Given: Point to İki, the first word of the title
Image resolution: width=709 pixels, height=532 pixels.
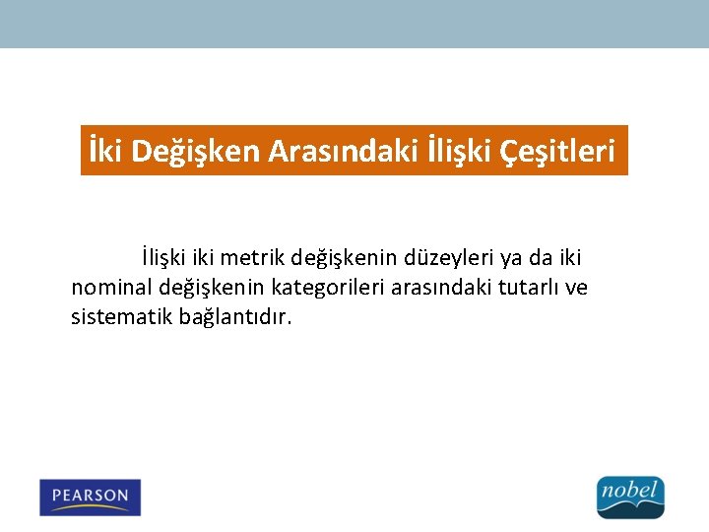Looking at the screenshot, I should [x=105, y=151].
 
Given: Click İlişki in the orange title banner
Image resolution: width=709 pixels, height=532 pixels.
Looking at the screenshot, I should [x=458, y=151].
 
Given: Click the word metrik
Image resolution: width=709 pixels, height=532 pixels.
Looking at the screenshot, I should [x=250, y=258].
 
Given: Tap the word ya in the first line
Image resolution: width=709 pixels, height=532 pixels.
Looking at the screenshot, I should [x=511, y=259].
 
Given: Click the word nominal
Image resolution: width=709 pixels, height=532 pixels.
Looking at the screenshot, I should [x=110, y=288].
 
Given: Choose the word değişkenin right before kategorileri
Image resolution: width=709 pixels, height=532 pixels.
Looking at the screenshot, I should [x=211, y=288].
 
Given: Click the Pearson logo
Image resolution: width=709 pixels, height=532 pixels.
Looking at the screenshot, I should [x=91, y=497].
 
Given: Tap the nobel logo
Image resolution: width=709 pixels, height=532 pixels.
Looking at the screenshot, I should [x=631, y=497].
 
